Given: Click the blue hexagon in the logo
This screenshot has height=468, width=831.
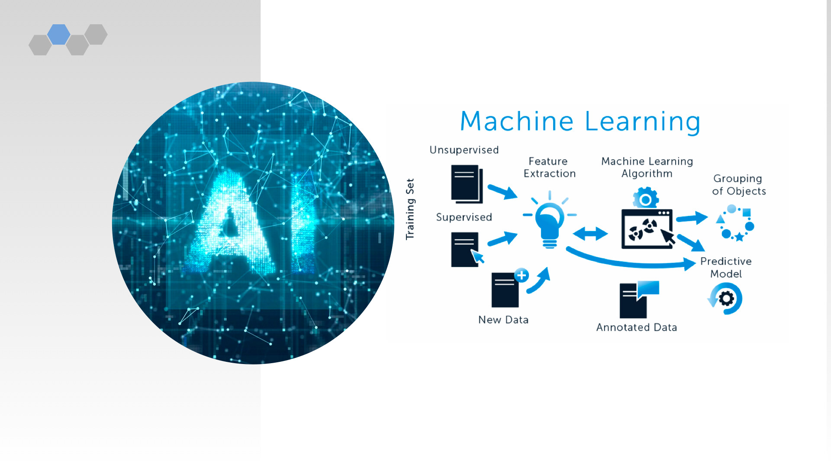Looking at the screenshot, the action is point(59,34).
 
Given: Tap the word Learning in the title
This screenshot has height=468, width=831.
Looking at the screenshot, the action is point(642,122).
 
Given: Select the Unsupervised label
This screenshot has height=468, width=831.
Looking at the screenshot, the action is point(464,150).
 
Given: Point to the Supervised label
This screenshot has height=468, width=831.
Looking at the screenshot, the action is point(464,217).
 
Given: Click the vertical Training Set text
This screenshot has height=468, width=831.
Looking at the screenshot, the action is point(410,209).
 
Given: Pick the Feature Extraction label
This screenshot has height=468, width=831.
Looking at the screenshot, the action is point(549,167).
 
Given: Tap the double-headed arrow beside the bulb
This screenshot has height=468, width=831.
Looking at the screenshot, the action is point(590,234).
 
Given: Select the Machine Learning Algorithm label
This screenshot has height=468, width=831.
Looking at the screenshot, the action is point(647,167).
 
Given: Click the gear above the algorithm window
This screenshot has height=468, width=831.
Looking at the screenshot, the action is point(646,199).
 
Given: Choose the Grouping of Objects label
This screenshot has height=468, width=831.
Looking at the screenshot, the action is point(739,185).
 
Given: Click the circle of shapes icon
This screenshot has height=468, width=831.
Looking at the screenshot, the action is point(735,223).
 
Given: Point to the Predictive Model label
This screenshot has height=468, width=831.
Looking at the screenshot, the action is point(726,267).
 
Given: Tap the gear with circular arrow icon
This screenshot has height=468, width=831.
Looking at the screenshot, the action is point(726,299).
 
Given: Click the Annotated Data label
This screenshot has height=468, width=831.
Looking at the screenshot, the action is point(636,328).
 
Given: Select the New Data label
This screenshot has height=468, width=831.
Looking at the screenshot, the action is point(503,320).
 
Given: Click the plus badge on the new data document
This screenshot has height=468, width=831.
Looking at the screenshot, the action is point(522,275).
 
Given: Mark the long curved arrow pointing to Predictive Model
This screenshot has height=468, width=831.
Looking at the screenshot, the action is point(628,261).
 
